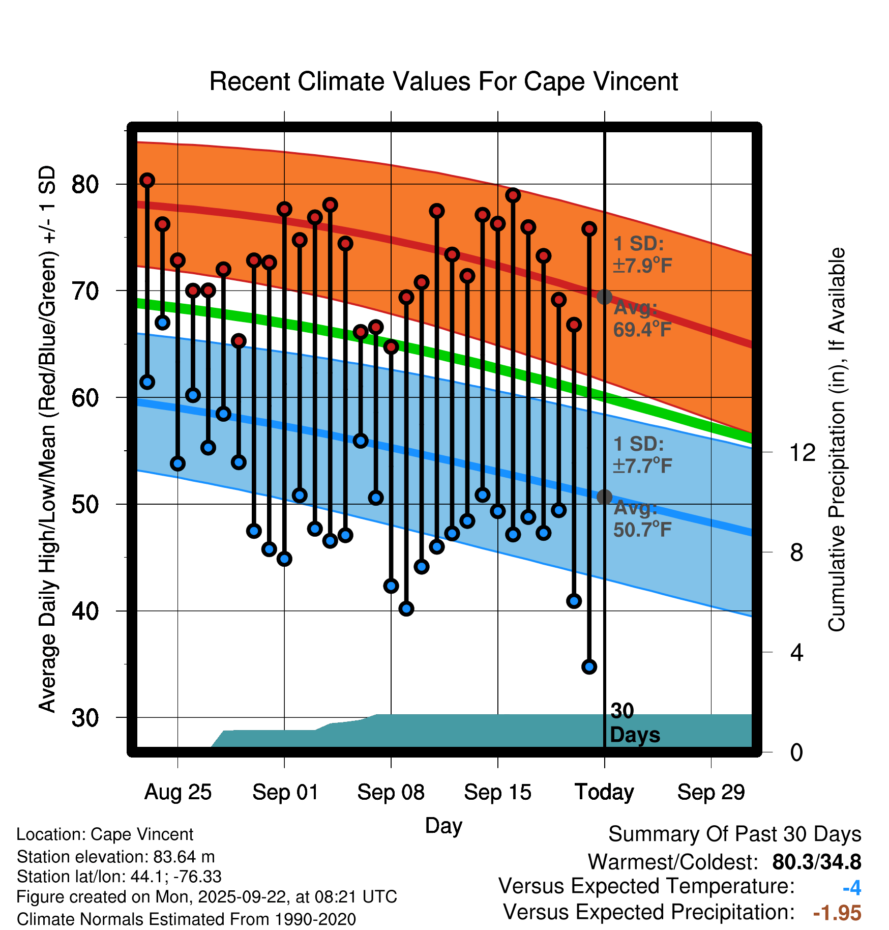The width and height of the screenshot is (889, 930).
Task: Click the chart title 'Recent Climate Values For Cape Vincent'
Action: [x=443, y=81]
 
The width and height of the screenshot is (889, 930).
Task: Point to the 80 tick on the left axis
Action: [x=85, y=184]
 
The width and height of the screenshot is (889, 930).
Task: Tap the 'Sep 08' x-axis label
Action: [x=391, y=792]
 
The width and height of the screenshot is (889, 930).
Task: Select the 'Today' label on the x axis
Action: [x=604, y=792]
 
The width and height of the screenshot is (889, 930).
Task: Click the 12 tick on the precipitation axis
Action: [x=803, y=452]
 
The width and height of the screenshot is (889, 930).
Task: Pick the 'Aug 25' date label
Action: [x=177, y=792]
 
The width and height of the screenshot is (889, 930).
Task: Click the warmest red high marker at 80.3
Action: [x=147, y=180]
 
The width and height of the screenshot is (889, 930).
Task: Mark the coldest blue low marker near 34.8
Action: [x=589, y=666]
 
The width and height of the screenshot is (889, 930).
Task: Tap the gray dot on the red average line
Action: [x=604, y=297]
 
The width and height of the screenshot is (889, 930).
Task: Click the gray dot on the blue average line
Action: [x=604, y=497]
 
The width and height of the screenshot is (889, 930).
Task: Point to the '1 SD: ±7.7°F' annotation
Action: [x=642, y=455]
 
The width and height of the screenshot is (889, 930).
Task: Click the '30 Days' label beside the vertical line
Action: [x=634, y=723]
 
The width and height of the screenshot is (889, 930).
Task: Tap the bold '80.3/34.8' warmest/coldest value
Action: [x=816, y=862]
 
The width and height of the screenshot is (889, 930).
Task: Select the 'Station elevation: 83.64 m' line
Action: [x=116, y=857]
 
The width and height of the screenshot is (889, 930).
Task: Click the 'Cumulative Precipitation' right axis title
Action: [x=837, y=440]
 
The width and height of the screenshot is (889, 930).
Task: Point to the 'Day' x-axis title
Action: [x=443, y=825]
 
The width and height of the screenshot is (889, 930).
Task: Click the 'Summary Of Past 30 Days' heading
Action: [x=734, y=834]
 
